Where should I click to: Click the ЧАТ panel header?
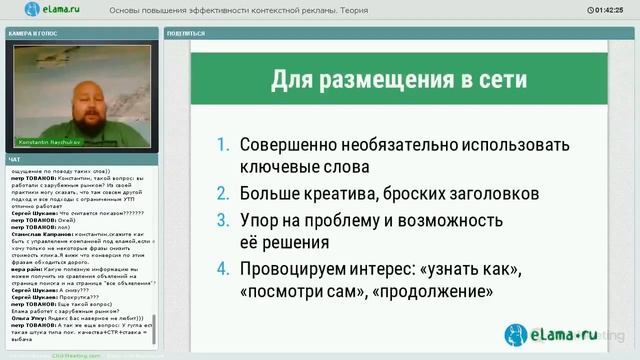(x=14, y=160)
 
